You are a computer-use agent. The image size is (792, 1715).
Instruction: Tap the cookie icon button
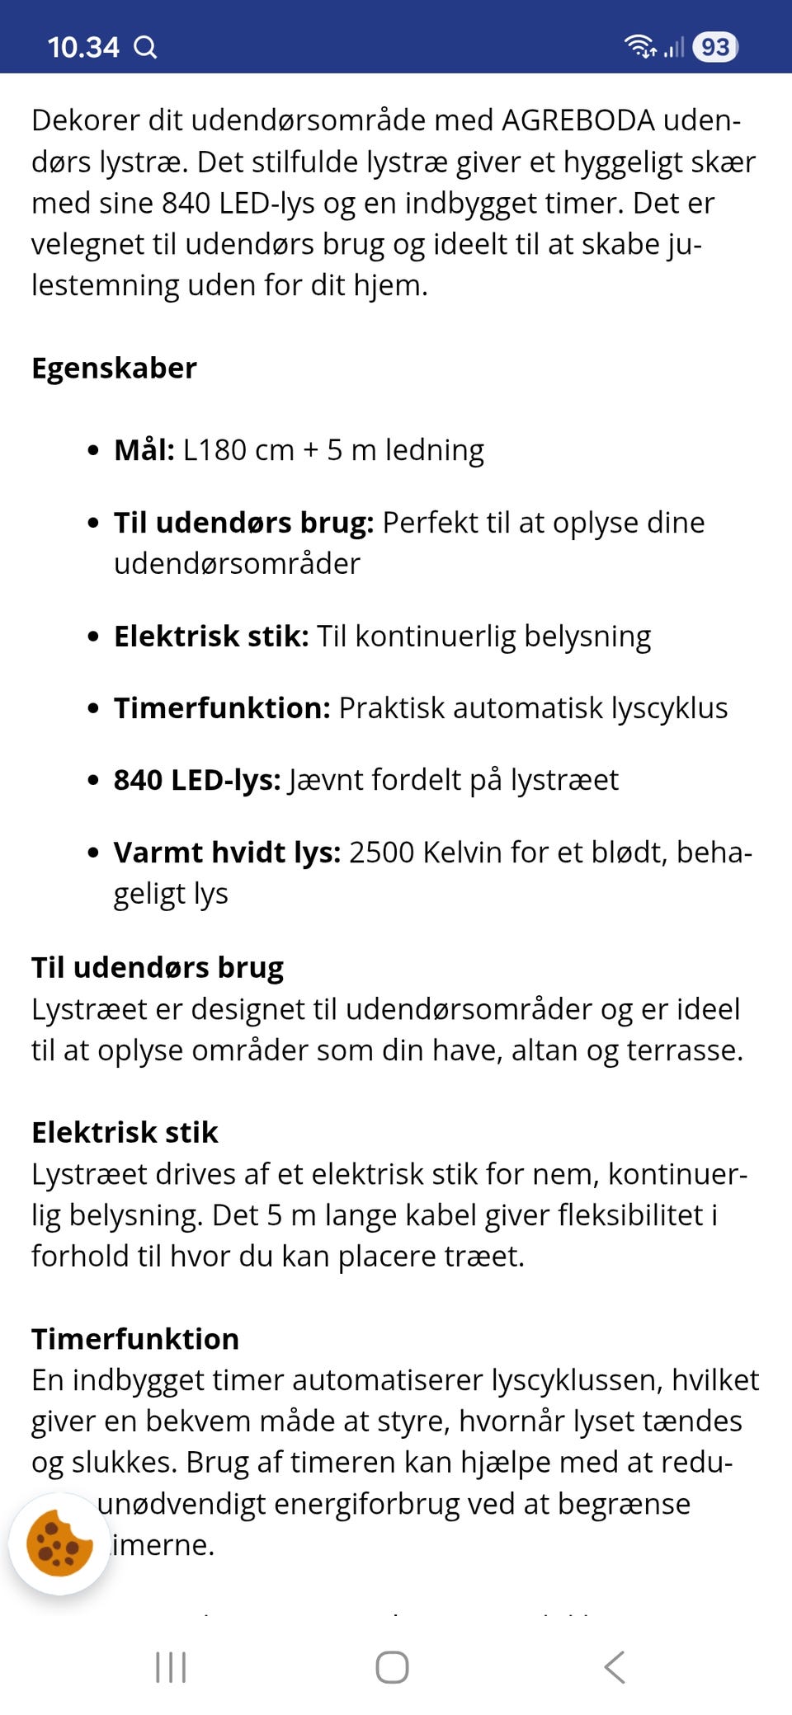tap(59, 1543)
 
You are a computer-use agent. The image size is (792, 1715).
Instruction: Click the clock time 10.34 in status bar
tap(82, 47)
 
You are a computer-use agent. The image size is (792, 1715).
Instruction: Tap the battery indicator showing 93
tap(714, 47)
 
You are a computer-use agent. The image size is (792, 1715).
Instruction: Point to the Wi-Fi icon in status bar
tap(639, 46)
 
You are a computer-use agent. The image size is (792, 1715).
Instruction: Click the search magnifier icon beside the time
tap(145, 47)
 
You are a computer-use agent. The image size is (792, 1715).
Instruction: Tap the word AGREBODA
tap(577, 120)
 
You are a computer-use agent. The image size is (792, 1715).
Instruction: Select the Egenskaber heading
tap(114, 368)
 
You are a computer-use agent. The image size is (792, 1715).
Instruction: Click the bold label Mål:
tap(144, 450)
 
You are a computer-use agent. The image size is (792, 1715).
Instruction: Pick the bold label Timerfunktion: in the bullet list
tap(222, 708)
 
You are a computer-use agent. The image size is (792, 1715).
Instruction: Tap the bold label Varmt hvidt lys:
tap(227, 853)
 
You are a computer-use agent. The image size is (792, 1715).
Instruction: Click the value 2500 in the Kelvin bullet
tap(382, 853)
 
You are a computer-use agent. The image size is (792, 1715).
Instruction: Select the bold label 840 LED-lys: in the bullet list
tap(197, 780)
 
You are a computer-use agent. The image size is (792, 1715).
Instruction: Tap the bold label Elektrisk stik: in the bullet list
tap(211, 637)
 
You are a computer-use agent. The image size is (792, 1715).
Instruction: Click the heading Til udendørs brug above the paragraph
tap(158, 967)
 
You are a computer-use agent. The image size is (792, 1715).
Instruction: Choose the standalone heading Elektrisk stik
tap(125, 1132)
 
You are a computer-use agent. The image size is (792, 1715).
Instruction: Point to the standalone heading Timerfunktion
tap(135, 1338)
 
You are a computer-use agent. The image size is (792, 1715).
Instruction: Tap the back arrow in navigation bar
tap(615, 1666)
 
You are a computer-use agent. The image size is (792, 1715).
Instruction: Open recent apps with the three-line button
tap(171, 1666)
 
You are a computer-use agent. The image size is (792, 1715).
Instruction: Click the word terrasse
tap(683, 1050)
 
